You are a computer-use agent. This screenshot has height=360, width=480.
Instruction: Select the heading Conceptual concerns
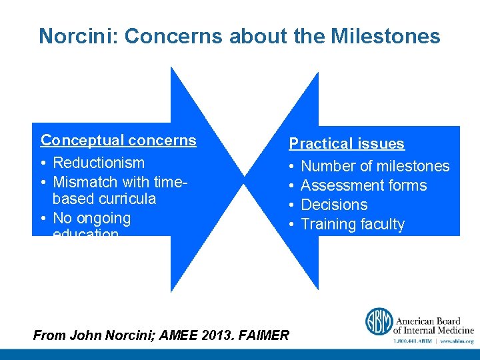[119, 140]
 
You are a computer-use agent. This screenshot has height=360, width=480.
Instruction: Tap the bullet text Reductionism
[98, 163]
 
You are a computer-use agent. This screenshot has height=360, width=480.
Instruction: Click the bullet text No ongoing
[91, 218]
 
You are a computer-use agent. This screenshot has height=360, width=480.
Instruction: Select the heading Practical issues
[346, 143]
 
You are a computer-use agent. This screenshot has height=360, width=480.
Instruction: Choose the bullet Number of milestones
[375, 166]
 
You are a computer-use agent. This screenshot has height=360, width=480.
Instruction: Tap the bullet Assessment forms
[364, 185]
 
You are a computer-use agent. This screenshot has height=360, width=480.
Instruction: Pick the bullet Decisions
[334, 205]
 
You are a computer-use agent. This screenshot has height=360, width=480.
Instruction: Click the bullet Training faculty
[353, 224]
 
